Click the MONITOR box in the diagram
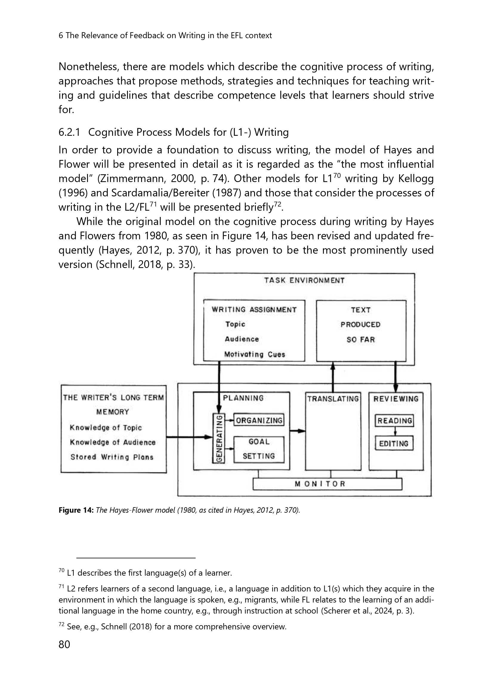click(x=327, y=484)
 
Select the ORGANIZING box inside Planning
click(x=259, y=420)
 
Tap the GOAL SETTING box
click(x=259, y=449)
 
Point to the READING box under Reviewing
click(x=394, y=421)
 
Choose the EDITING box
click(x=394, y=443)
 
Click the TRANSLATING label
click(x=333, y=399)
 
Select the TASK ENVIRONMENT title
click(x=304, y=280)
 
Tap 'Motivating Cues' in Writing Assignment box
click(x=254, y=354)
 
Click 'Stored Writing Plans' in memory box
click(x=112, y=457)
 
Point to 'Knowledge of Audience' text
click(x=112, y=442)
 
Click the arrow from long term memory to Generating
click(x=188, y=437)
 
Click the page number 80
click(x=64, y=644)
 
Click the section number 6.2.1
click(x=69, y=132)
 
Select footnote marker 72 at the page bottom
click(x=61, y=624)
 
